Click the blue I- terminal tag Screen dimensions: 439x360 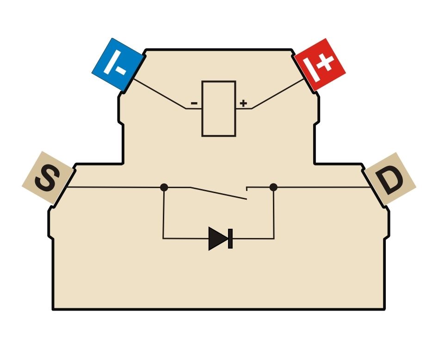(x=117, y=65)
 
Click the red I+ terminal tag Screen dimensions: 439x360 (x=320, y=65)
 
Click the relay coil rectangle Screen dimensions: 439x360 (x=219, y=109)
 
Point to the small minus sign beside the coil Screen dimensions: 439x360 (x=194, y=104)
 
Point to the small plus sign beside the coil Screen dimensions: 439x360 (x=243, y=104)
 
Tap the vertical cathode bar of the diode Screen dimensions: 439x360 (x=230, y=238)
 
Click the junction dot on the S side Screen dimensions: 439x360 (x=164, y=187)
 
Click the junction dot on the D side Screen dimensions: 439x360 (x=273, y=187)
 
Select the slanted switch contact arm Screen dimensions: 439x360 (x=218, y=193)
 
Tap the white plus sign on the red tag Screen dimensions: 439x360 (x=326, y=63)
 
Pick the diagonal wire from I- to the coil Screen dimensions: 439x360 (x=160, y=94)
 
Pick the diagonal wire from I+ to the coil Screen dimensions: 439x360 (x=278, y=94)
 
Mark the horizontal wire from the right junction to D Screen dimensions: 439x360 (x=324, y=187)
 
